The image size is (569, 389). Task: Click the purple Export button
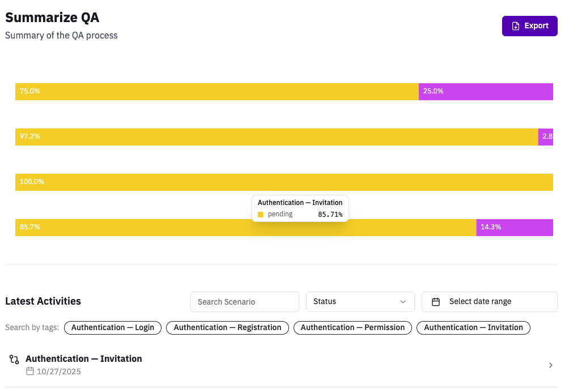(529, 26)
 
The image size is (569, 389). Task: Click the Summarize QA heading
(52, 18)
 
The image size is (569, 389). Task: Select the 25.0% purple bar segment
(486, 92)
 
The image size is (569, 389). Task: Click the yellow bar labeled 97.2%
(277, 137)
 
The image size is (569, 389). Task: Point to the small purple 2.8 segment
(546, 137)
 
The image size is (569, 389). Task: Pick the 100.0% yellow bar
(284, 182)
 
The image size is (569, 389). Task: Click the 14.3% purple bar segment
(514, 228)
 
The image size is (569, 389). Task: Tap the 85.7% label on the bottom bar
(30, 227)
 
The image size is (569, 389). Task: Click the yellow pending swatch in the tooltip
(261, 215)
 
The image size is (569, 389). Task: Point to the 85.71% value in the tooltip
(330, 215)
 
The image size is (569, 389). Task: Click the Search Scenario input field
(244, 302)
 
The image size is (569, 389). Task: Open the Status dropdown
(360, 302)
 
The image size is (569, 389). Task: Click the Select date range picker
(489, 302)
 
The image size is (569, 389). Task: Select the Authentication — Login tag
(113, 328)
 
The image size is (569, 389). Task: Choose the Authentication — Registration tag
(227, 328)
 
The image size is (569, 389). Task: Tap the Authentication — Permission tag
(353, 328)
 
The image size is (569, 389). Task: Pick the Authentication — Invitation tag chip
(473, 328)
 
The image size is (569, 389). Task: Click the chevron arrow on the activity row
(550, 365)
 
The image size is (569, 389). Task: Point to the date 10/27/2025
(58, 372)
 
